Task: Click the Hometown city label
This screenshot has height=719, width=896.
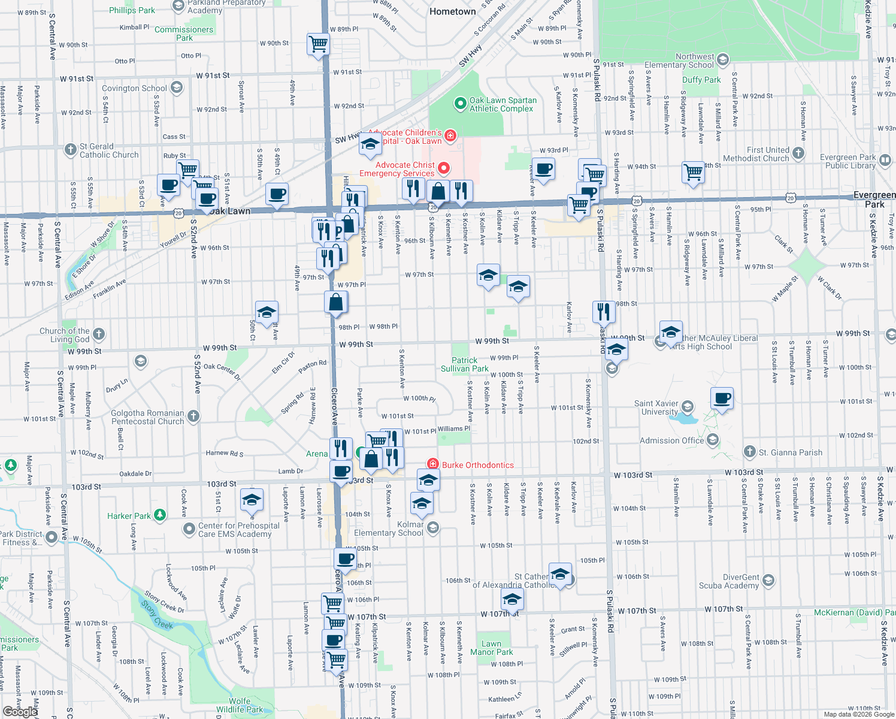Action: click(452, 11)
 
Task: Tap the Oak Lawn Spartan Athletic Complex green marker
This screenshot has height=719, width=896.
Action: click(460, 104)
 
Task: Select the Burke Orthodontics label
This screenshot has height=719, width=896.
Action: click(477, 465)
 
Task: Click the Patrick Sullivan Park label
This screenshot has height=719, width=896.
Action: click(465, 364)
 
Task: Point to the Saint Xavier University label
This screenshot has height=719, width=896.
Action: click(656, 407)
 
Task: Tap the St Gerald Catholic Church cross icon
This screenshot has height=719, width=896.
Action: click(71, 149)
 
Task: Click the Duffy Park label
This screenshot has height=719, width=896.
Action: click(701, 80)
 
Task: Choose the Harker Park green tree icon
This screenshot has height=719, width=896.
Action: click(159, 515)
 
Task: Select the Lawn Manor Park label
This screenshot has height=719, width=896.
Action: click(491, 648)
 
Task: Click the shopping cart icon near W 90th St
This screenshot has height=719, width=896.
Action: click(318, 44)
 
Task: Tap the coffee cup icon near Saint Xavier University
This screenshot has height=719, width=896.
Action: click(722, 398)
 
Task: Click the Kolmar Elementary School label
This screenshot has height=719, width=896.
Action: click(389, 528)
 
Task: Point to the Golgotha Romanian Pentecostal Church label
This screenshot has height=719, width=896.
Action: click(148, 417)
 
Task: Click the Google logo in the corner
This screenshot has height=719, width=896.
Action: click(19, 711)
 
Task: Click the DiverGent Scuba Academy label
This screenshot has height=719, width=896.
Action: click(729, 581)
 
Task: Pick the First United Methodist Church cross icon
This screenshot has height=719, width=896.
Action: click(798, 153)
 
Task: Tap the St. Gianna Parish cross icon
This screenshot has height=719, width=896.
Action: click(749, 452)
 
